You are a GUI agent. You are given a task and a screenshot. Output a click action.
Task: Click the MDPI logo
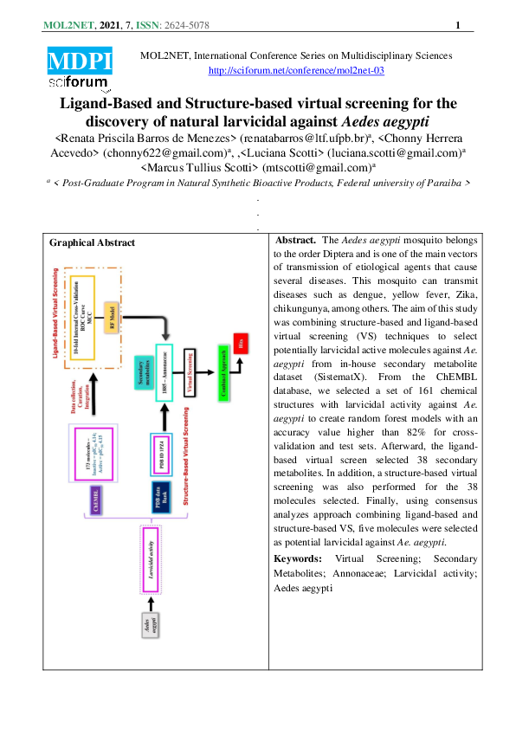click(80, 60)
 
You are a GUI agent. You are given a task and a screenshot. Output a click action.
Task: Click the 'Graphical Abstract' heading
click(93, 242)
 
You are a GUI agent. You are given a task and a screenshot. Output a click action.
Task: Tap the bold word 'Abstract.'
click(295, 240)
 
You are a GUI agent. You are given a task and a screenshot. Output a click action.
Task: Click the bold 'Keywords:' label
click(297, 559)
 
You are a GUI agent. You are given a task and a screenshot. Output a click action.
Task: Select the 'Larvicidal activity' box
click(152, 560)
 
